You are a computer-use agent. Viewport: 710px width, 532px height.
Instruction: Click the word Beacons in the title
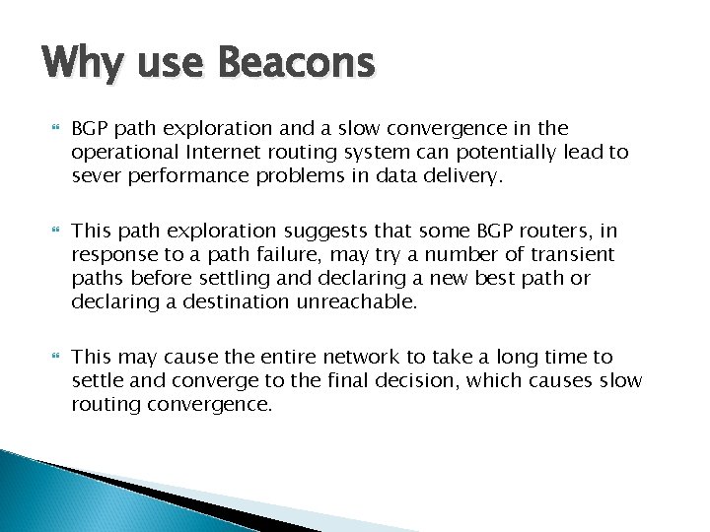[296, 63]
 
